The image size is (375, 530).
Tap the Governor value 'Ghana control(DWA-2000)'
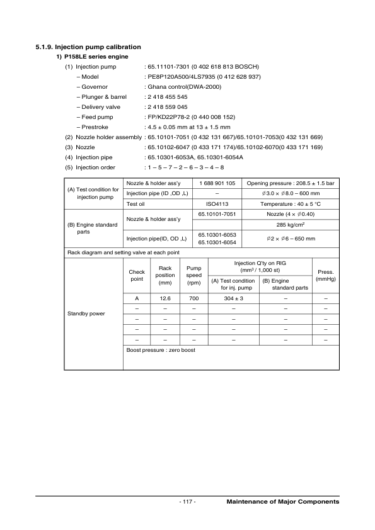click(x=183, y=86)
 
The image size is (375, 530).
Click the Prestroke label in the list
click(x=95, y=127)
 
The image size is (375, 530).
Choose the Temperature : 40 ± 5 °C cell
click(x=291, y=204)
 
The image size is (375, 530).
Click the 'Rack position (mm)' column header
click(x=166, y=275)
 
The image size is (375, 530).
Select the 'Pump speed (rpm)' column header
click(x=193, y=275)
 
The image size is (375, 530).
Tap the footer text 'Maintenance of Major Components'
click(x=282, y=502)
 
